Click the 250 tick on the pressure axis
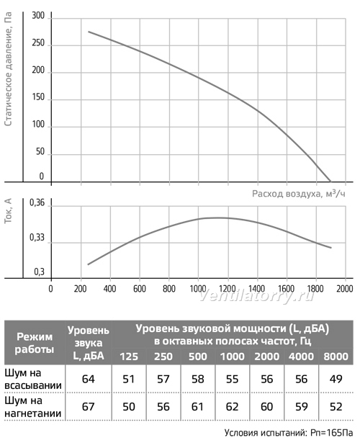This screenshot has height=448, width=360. click(x=38, y=43)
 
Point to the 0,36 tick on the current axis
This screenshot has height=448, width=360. click(x=37, y=203)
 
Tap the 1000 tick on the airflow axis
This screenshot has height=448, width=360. click(x=198, y=289)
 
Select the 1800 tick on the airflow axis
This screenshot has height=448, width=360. click(x=315, y=289)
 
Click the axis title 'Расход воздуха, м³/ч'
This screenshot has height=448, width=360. click(x=299, y=194)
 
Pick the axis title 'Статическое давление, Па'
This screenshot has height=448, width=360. click(x=8, y=69)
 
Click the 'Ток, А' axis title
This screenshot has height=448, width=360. click(x=9, y=211)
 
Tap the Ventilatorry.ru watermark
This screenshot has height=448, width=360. click(x=256, y=296)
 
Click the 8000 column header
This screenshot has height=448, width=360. click(x=336, y=357)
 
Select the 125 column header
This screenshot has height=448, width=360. click(x=129, y=357)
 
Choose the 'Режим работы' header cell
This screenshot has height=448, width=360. click(x=35, y=343)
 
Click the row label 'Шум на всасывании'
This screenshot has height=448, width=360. click(x=33, y=379)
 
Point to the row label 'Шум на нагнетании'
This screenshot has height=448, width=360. click(x=33, y=407)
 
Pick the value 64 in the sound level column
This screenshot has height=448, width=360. click(x=89, y=379)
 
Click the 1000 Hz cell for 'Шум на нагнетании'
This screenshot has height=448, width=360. click(x=232, y=406)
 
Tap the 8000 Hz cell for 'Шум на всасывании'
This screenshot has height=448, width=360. click(x=336, y=379)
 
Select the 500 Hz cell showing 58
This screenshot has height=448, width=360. click(x=198, y=379)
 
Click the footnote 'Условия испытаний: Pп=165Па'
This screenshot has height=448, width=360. click(x=289, y=433)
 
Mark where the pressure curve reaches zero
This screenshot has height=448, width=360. click(x=331, y=182)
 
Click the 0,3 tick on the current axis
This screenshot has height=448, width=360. click(x=40, y=272)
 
